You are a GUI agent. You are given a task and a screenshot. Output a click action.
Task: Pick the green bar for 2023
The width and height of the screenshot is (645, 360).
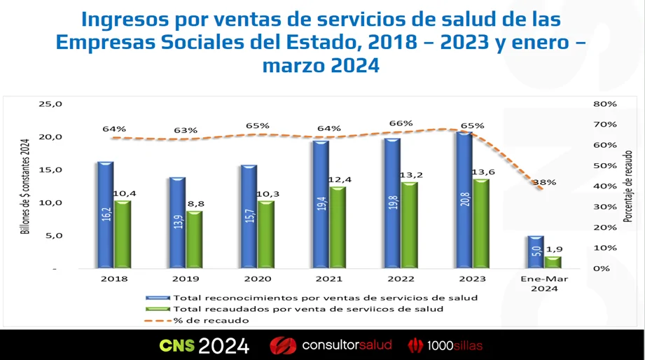[x=481, y=223]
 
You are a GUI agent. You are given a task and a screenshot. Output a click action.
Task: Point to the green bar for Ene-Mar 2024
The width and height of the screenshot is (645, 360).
[x=553, y=262]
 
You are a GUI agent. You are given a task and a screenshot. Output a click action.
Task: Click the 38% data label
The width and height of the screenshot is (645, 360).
[x=545, y=182]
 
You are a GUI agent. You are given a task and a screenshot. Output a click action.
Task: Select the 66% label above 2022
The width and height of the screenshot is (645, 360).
[x=401, y=123]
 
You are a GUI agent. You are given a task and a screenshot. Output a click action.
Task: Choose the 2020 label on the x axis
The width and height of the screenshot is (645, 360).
[x=257, y=278]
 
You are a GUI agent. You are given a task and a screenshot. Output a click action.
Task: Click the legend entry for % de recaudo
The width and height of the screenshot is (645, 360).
[x=210, y=321]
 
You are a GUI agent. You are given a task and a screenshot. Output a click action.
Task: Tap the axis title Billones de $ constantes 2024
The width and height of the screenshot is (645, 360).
[x=25, y=186]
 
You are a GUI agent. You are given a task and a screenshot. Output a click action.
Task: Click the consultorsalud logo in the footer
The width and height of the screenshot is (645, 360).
[x=331, y=345]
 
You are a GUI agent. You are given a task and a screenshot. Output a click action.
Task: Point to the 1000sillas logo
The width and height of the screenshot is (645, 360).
[x=446, y=345]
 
